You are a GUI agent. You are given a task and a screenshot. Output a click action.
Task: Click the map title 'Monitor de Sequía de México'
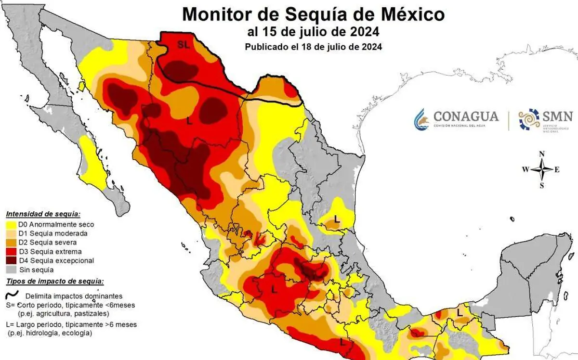[x=313, y=14]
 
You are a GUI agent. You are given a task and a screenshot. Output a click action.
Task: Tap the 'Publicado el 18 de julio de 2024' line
[x=313, y=47]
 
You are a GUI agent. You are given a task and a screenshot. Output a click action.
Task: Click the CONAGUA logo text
[x=466, y=116]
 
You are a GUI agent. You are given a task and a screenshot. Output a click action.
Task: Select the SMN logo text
[x=557, y=116]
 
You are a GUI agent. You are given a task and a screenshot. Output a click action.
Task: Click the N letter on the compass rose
[x=542, y=154]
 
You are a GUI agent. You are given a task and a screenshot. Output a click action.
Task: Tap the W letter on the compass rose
[x=526, y=169]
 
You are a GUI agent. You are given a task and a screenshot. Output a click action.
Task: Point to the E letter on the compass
[x=557, y=169]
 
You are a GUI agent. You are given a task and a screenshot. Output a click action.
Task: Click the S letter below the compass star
[x=542, y=185]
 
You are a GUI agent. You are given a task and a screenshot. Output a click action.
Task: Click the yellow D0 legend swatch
[x=12, y=224]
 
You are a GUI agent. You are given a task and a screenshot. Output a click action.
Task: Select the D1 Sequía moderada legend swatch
[x=12, y=233]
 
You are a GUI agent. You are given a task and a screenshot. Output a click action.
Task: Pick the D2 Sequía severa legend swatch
[x=12, y=243]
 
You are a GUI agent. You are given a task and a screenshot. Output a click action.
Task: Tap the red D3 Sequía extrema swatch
[x=12, y=252]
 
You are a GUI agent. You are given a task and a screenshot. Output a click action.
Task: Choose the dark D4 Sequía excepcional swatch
[x=12, y=261]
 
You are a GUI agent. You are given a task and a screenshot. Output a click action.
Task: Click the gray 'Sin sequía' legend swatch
[x=12, y=270]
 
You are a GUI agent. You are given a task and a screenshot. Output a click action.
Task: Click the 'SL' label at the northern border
[x=183, y=45]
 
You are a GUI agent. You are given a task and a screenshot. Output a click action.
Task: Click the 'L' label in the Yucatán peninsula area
[x=460, y=312]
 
